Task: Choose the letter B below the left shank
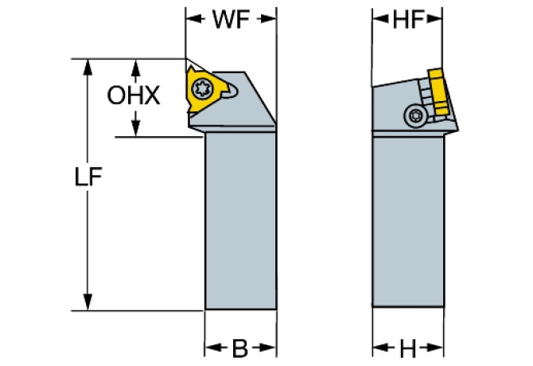[241, 348]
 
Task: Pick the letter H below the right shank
[408, 348]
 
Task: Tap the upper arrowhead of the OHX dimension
[137, 65]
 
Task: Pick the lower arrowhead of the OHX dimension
[137, 129]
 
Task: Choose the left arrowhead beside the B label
[212, 348]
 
